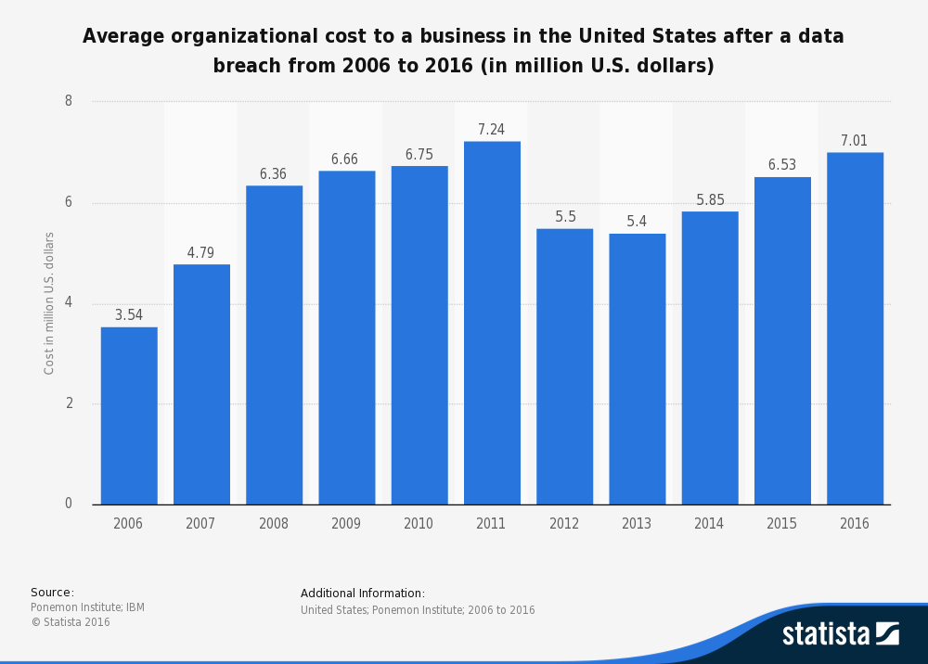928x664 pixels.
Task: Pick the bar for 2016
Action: [855, 328]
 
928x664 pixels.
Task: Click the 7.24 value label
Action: [491, 130]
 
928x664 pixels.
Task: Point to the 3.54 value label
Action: [129, 315]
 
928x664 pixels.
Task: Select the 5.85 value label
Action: [710, 200]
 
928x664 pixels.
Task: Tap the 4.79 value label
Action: [201, 253]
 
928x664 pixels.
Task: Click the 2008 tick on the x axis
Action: [274, 524]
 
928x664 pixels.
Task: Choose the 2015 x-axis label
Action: [781, 524]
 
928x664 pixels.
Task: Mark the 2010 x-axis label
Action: [419, 524]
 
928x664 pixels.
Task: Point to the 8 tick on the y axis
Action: [69, 101]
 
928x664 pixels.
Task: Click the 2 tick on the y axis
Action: [69, 403]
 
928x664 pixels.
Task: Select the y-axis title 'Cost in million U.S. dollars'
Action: [49, 303]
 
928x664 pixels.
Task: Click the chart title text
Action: [463, 51]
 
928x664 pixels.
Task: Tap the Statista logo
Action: [840, 633]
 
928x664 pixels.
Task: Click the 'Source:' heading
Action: [52, 593]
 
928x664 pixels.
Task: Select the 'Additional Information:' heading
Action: [362, 594]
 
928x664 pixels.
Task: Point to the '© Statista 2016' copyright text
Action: [71, 622]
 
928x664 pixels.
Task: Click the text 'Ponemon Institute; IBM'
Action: [87, 607]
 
